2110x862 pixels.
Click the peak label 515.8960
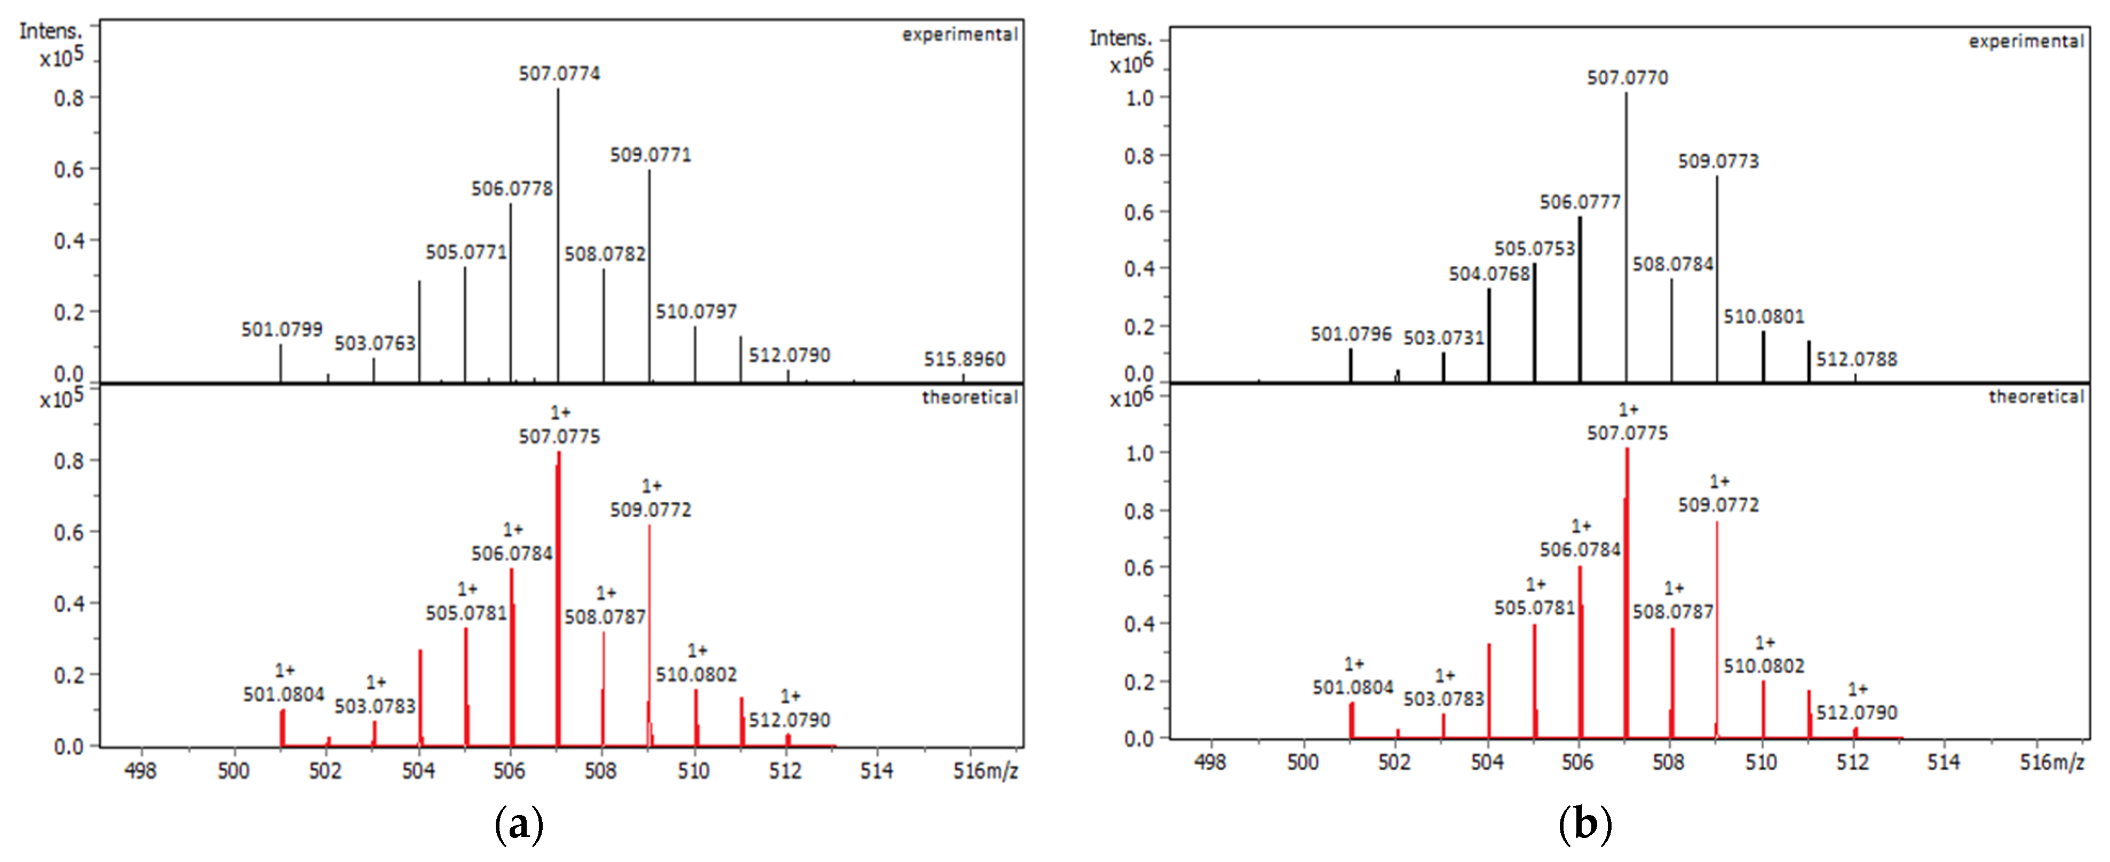(x=964, y=359)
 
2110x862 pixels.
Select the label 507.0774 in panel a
(x=559, y=74)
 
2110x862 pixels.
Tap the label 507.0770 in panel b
(x=1627, y=78)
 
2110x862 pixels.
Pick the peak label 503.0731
(x=1443, y=338)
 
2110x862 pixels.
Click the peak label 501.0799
(x=282, y=329)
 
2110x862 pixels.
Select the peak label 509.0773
(x=1718, y=161)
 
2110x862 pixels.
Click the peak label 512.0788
(x=1856, y=359)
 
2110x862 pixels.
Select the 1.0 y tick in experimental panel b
(x=1139, y=98)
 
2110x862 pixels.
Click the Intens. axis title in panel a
(x=51, y=31)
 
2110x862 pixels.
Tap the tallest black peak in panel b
(x=1626, y=238)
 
